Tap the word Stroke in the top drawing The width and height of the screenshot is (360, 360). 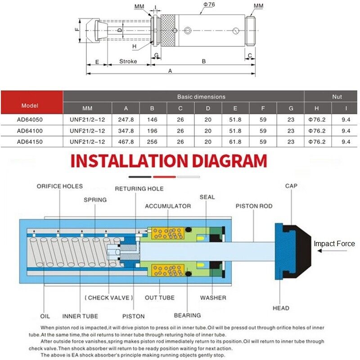coord(128,61)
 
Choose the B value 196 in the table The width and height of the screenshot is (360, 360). coord(153,131)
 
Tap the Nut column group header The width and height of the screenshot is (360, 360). coord(337,96)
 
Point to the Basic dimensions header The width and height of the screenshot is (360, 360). coord(201,96)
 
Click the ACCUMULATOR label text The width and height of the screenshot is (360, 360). coord(167,206)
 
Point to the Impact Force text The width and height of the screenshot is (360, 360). coord(334,244)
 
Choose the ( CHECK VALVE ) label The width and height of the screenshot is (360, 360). coord(108,297)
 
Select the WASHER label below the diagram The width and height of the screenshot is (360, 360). coord(213,297)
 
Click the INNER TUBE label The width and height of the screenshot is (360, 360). coord(80,316)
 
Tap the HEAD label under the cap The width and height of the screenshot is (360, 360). coord(281,308)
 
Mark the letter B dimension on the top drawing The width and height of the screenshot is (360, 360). coord(203,61)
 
